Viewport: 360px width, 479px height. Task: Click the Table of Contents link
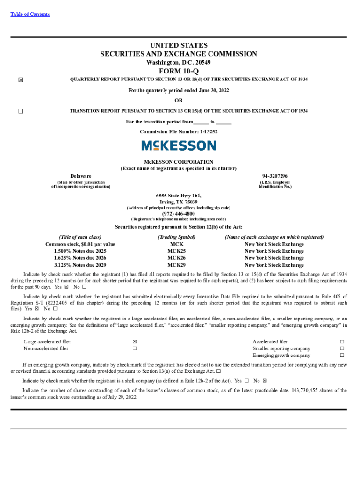pyautogui.click(x=30, y=15)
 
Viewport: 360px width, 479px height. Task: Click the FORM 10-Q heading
pyautogui.click(x=179, y=71)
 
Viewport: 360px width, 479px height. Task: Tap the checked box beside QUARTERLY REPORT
pyautogui.click(x=20, y=80)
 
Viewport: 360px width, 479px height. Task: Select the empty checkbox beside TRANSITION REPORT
pyautogui.click(x=20, y=111)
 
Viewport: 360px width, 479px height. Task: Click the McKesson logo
pyautogui.click(x=179, y=145)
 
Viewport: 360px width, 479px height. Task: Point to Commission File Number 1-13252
pyautogui.click(x=179, y=132)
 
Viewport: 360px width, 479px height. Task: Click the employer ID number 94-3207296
pyautogui.click(x=275, y=175)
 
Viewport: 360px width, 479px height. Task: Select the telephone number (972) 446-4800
pyautogui.click(x=179, y=214)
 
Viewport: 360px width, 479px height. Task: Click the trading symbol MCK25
pyautogui.click(x=176, y=251)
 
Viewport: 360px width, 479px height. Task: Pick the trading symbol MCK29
pyautogui.click(x=176, y=265)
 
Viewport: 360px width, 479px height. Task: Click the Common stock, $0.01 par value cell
pyautogui.click(x=80, y=244)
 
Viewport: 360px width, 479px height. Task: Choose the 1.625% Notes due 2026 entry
pyautogui.click(x=80, y=258)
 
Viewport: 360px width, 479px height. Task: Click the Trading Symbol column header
pyautogui.click(x=176, y=237)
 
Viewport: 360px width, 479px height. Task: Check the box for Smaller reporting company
pyautogui.click(x=342, y=348)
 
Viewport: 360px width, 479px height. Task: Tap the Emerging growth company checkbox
pyautogui.click(x=342, y=356)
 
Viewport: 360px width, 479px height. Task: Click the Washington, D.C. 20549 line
pyautogui.click(x=179, y=62)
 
